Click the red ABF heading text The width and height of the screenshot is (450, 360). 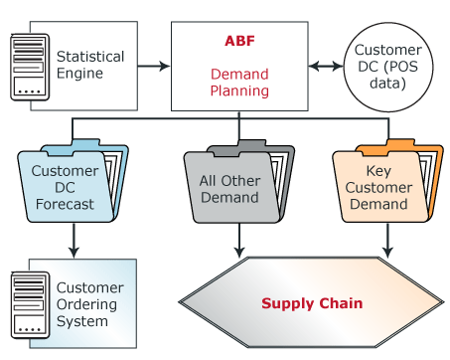[238, 42]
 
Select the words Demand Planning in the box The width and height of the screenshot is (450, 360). [238, 83]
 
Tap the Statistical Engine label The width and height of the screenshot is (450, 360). [90, 66]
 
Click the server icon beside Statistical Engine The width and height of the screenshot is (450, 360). [29, 67]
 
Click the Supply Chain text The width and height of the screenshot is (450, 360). [311, 302]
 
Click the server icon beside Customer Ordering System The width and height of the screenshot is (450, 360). [29, 302]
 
